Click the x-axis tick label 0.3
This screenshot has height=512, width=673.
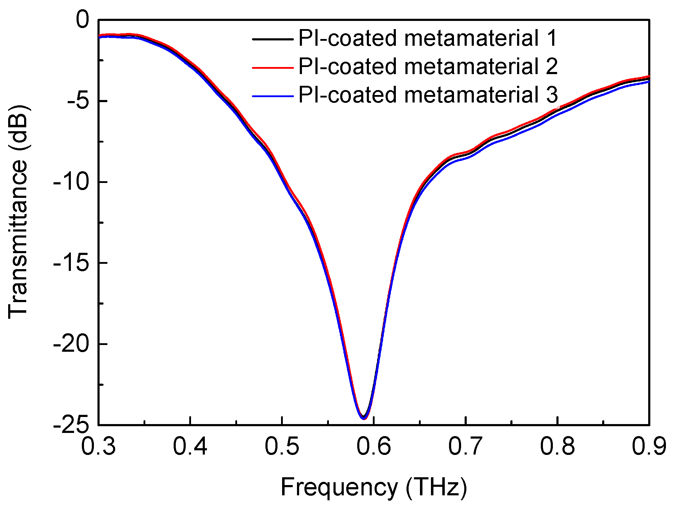pyautogui.click(x=98, y=446)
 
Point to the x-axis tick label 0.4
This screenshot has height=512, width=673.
pyautogui.click(x=190, y=446)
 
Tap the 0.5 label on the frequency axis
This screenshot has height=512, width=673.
pyautogui.click(x=282, y=446)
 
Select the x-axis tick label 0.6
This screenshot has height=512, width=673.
pyautogui.click(x=374, y=446)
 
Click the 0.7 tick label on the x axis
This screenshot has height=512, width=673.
pyautogui.click(x=466, y=446)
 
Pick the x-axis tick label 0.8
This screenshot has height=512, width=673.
pyautogui.click(x=557, y=446)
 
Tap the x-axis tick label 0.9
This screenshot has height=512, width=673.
pyautogui.click(x=649, y=446)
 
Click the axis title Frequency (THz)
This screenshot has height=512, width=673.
pyautogui.click(x=374, y=488)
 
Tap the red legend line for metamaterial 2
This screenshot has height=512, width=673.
pyautogui.click(x=273, y=67)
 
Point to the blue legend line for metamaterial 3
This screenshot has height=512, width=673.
pyautogui.click(x=273, y=96)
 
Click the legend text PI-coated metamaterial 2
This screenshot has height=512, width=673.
pyautogui.click(x=428, y=67)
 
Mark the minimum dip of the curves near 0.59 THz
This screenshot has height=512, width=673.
pyautogui.click(x=364, y=418)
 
